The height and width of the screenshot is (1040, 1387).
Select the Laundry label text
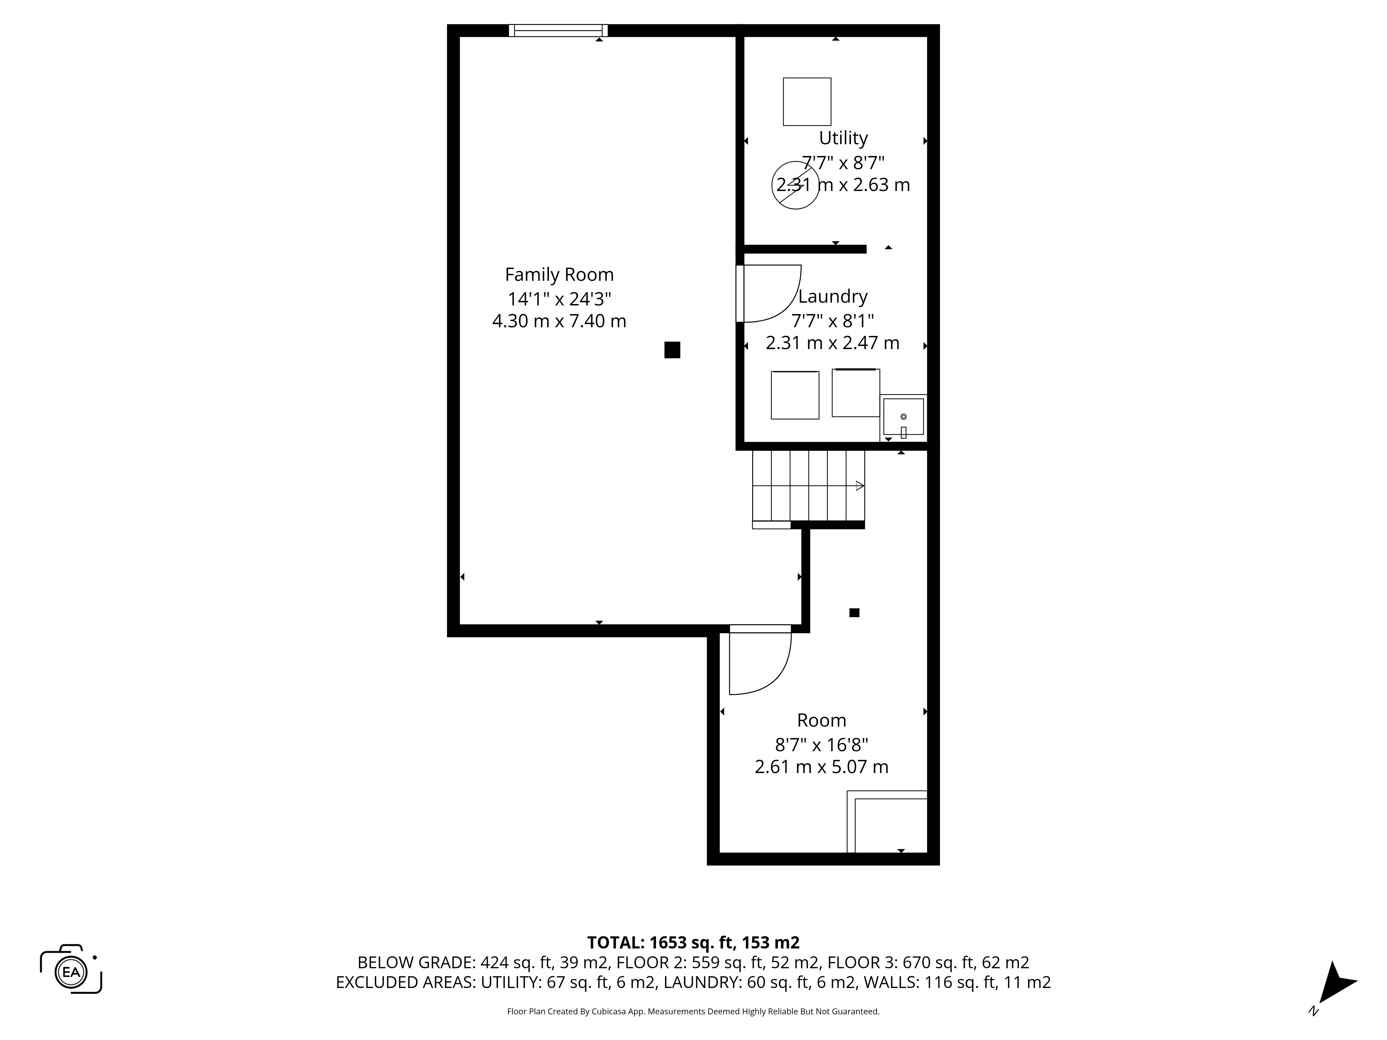pyautogui.click(x=832, y=296)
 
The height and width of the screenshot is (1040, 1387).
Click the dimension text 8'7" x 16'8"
pyautogui.click(x=821, y=745)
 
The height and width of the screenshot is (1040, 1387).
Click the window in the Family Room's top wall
pyautogui.click(x=558, y=30)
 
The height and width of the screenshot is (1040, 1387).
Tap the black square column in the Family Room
pyautogui.click(x=672, y=350)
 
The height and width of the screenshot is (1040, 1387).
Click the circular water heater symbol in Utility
pyautogui.click(x=795, y=185)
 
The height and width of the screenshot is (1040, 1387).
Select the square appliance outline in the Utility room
pyautogui.click(x=807, y=102)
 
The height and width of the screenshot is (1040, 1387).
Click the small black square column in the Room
pyautogui.click(x=854, y=613)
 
